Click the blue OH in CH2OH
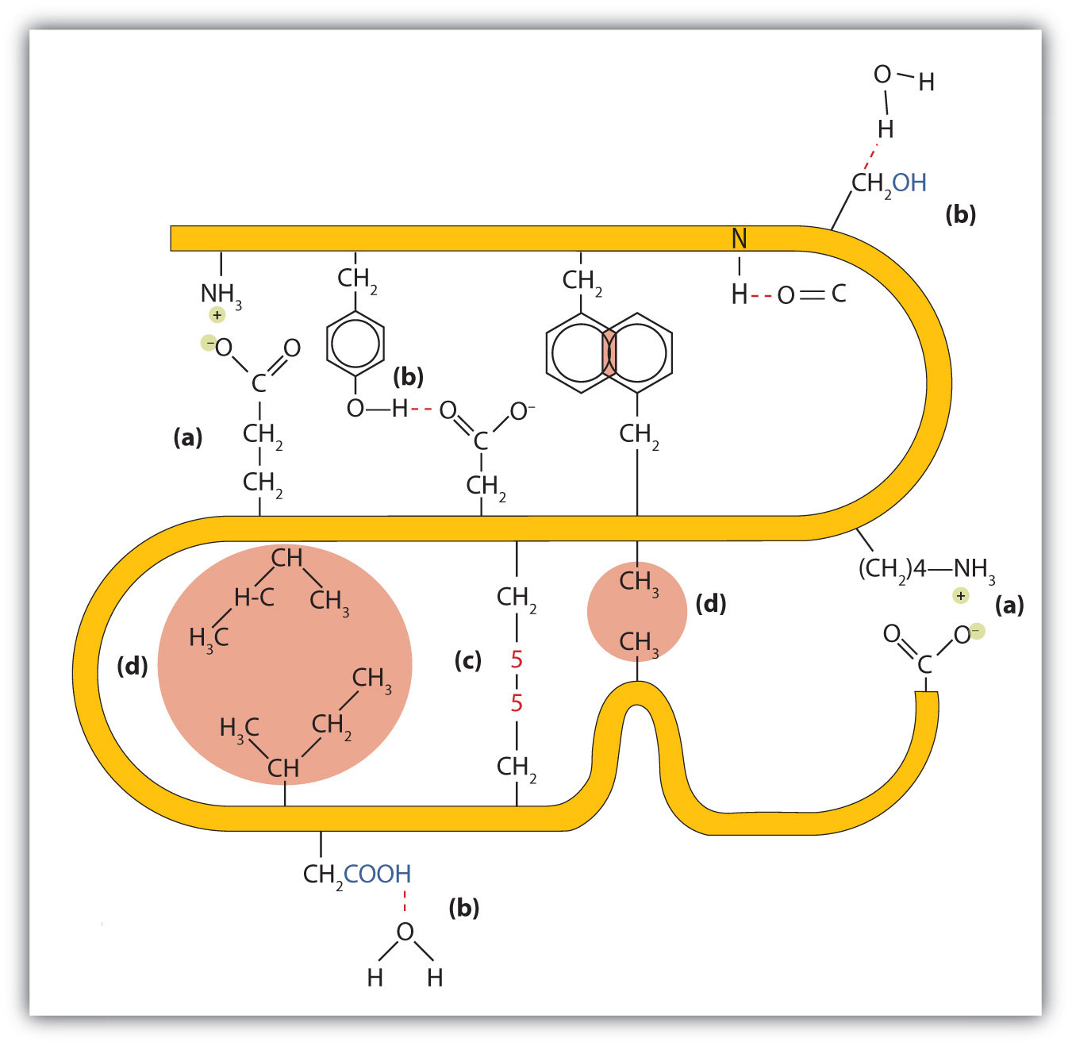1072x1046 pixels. point(909,183)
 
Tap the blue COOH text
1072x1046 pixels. point(377,874)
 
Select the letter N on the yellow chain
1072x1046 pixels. point(739,238)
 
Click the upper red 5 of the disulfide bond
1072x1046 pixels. point(517,660)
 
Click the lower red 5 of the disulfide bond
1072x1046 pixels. point(517,703)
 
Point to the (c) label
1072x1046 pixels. point(467,660)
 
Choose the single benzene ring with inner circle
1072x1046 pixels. point(355,344)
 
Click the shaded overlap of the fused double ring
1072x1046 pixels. point(609,354)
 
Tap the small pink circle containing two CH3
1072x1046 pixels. point(637,611)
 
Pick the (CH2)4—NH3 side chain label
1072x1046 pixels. point(926,569)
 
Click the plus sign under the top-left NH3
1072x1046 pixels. point(217,315)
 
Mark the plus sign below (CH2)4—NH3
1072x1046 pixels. point(961,596)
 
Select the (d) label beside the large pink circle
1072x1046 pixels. point(132,666)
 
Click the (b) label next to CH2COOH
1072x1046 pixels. point(463,907)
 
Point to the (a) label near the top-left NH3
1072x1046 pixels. point(188,437)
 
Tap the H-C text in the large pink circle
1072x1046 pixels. point(254,597)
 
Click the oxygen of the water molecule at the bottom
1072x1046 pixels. point(405,932)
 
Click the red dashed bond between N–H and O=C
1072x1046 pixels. point(762,296)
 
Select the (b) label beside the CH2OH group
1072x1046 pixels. point(960,214)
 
